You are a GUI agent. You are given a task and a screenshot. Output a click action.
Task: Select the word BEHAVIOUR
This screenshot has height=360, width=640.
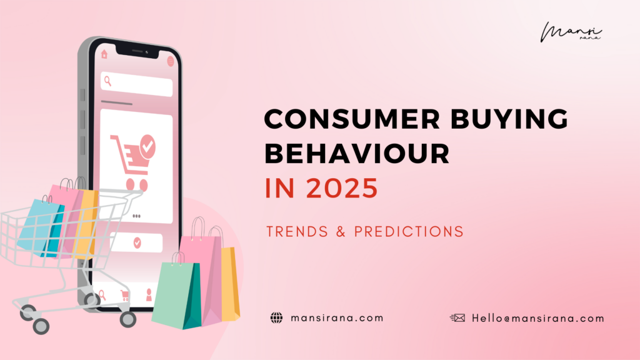tap(357, 154)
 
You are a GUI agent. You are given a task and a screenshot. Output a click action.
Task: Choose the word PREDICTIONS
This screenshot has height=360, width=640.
tap(409, 232)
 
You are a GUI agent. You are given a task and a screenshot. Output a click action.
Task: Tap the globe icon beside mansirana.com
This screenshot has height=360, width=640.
tap(276, 318)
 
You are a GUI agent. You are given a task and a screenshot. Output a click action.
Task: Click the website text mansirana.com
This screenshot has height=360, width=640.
tap(337, 318)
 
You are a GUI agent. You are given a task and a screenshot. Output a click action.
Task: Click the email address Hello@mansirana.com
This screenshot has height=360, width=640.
tap(538, 318)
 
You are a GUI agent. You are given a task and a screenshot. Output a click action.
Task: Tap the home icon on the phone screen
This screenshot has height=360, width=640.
tap(104, 54)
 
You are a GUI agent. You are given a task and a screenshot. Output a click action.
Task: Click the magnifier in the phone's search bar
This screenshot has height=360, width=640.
tap(108, 81)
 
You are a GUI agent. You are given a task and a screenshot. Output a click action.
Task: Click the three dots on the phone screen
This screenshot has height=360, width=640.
tap(137, 216)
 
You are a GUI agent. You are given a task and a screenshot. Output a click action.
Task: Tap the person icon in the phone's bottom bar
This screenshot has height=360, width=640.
tap(149, 294)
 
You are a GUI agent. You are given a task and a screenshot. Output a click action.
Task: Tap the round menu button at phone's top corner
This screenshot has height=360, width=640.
tap(171, 61)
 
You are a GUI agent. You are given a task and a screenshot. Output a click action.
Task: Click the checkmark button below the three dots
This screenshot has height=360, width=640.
tap(137, 242)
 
